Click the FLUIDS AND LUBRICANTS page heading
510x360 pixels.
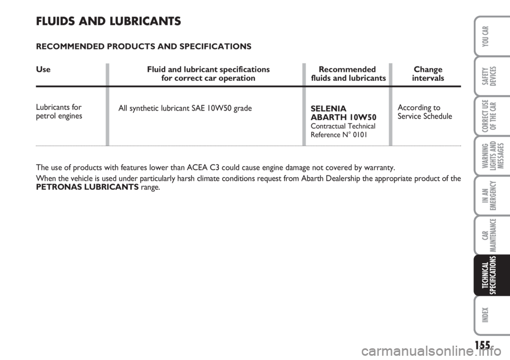tap(108, 22)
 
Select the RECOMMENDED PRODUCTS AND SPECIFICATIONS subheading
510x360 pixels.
tap(143, 46)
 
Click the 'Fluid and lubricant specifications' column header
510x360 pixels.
tap(208, 74)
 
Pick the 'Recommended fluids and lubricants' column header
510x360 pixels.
tap(348, 74)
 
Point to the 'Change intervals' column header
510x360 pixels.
tap(428, 74)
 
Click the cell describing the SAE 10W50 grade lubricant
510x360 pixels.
tap(185, 107)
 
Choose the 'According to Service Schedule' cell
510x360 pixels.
tap(424, 111)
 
